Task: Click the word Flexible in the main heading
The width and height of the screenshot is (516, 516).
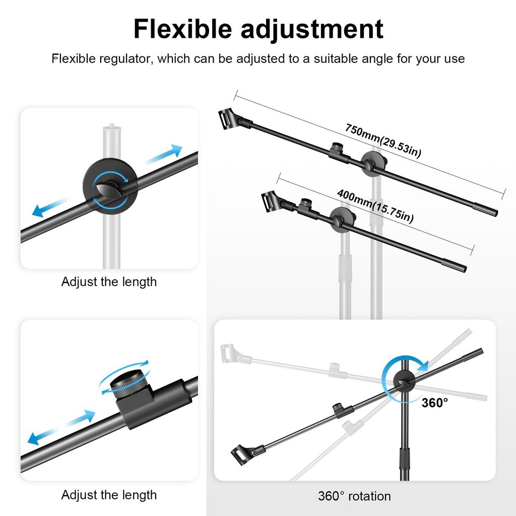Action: (x=182, y=29)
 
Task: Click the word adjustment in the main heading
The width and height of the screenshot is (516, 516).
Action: (x=312, y=29)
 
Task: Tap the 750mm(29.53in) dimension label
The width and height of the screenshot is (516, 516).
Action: (x=383, y=141)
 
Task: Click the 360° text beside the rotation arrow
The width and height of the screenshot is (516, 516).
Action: (x=435, y=403)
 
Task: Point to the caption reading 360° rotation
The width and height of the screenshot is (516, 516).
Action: (x=354, y=496)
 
